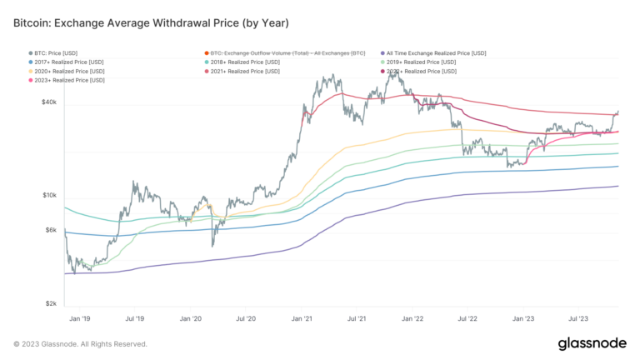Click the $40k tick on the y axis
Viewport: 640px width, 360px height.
pyautogui.click(x=48, y=102)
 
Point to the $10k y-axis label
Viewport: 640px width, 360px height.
pyautogui.click(x=48, y=196)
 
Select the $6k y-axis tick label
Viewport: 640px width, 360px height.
pyautogui.click(x=50, y=230)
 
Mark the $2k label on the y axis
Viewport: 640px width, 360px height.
pyautogui.click(x=50, y=304)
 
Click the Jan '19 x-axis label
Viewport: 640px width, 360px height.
pyautogui.click(x=80, y=318)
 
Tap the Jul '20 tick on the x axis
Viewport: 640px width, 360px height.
pyautogui.click(x=246, y=318)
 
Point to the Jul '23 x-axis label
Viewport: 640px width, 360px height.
pyautogui.click(x=579, y=318)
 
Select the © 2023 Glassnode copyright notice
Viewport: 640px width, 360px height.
pyautogui.click(x=81, y=343)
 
